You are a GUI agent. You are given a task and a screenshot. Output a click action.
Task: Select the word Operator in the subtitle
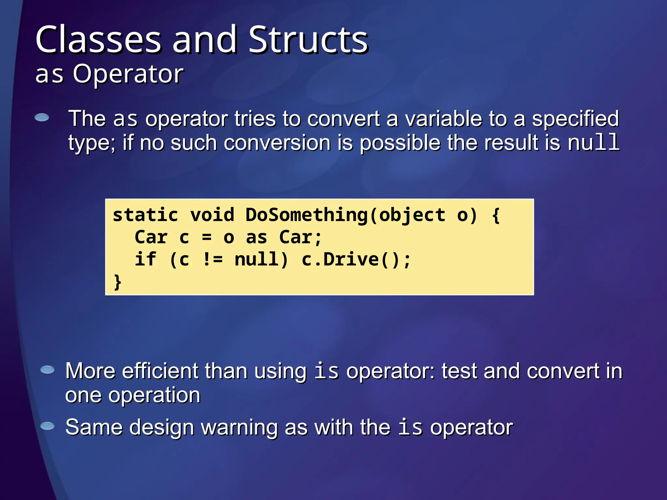(128, 74)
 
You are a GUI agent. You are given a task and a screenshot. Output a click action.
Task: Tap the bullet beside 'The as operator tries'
(42, 118)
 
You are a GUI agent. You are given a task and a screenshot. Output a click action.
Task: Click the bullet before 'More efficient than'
(48, 370)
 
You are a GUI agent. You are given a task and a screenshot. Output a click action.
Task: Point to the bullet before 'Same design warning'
(48, 426)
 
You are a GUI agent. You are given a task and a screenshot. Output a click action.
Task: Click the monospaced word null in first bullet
(593, 142)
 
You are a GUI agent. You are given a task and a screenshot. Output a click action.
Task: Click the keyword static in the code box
(145, 215)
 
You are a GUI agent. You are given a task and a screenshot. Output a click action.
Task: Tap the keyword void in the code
(212, 215)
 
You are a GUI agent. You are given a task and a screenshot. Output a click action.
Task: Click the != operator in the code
(213, 259)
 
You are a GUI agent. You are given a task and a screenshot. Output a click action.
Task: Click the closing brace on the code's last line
(117, 282)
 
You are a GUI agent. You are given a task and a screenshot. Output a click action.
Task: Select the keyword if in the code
(145, 259)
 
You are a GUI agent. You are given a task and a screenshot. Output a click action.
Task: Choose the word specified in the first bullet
(575, 118)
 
